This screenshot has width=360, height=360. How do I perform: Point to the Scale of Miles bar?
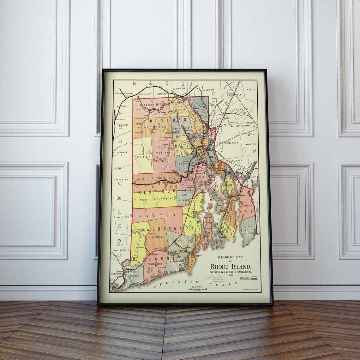click(x=197, y=289)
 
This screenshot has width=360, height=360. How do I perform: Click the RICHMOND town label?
click(x=156, y=237)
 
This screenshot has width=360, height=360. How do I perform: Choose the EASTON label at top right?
click(x=251, y=90)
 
